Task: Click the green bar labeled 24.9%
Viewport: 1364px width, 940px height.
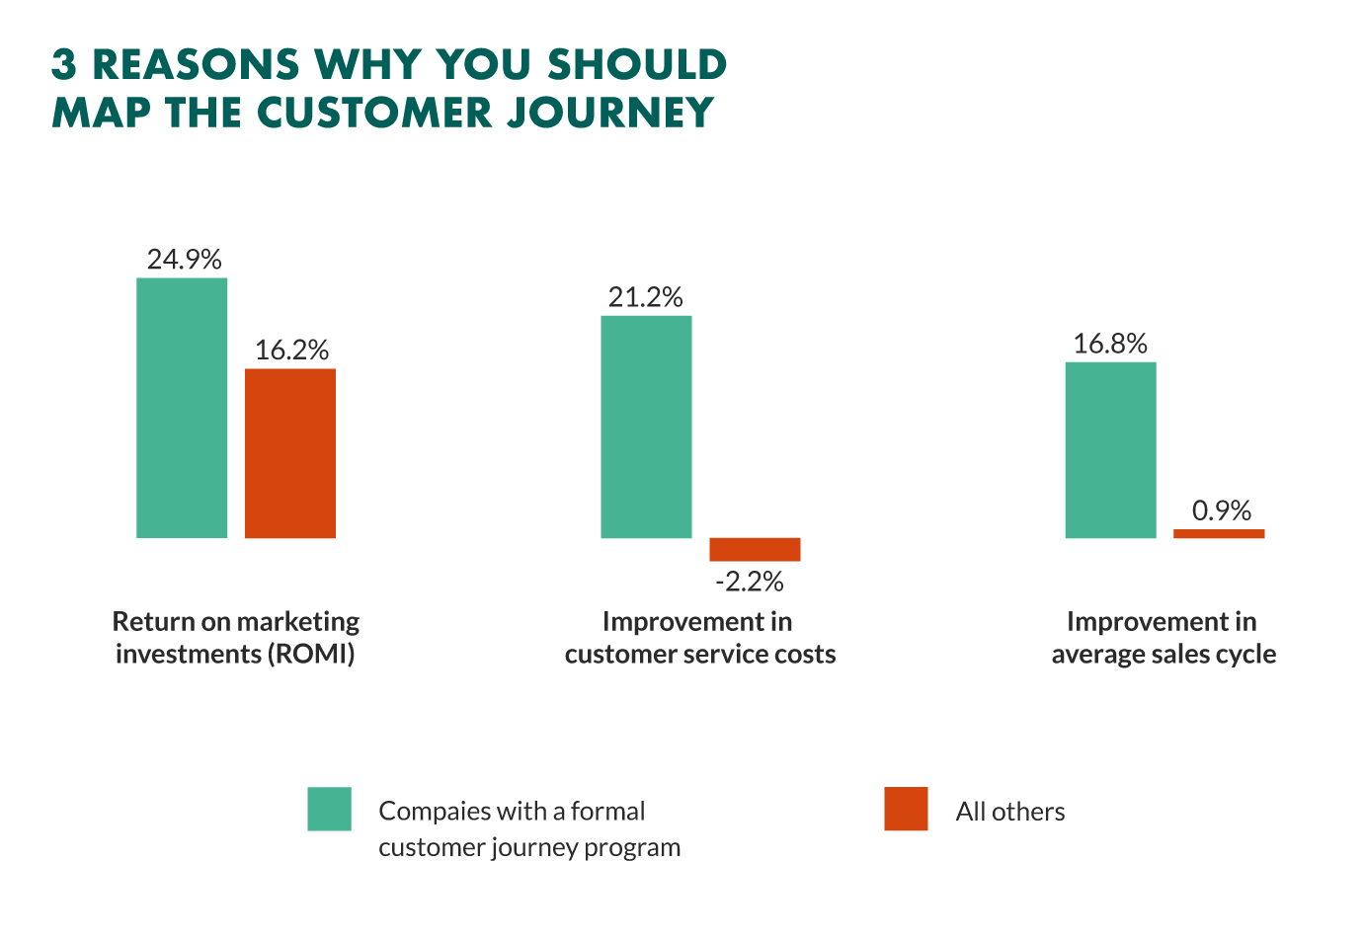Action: point(182,408)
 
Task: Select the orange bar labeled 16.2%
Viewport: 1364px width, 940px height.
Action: point(290,453)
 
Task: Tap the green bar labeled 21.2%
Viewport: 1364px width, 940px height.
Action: point(646,427)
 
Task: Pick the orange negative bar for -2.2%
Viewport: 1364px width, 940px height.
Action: point(755,549)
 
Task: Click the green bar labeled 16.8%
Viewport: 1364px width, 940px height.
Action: point(1110,450)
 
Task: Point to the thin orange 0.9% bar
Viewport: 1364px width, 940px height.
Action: point(1219,533)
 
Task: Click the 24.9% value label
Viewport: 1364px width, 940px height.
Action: point(184,260)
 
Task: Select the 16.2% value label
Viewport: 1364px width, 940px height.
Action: point(291,351)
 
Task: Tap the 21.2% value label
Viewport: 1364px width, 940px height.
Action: point(646,297)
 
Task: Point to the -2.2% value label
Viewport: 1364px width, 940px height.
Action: point(750,582)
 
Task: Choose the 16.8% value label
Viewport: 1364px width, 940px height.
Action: point(1110,344)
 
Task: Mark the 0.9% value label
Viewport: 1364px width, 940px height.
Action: point(1221,510)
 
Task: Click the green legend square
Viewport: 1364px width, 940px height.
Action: point(329,809)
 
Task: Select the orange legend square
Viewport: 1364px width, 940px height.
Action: point(906,809)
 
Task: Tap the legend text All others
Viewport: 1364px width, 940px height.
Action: point(1010,812)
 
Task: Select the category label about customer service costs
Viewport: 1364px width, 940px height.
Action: point(699,638)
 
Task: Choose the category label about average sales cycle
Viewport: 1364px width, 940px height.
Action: point(1163,638)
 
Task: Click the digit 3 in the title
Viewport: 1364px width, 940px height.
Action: point(64,65)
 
